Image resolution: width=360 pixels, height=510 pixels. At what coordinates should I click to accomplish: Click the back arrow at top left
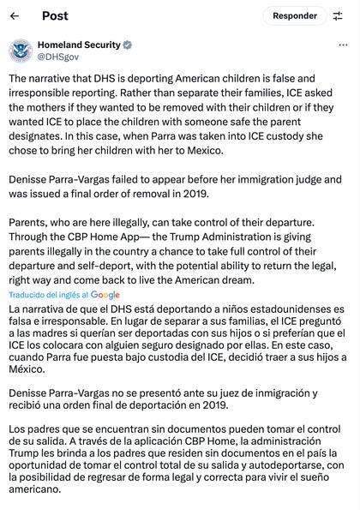pos(15,16)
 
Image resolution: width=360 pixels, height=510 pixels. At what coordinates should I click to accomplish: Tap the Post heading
pos(55,16)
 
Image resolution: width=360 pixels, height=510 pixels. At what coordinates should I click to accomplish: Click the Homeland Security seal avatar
pos(21,51)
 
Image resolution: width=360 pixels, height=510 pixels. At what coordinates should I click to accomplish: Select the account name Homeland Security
pos(78,45)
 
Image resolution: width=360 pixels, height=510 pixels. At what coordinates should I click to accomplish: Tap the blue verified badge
pos(128,45)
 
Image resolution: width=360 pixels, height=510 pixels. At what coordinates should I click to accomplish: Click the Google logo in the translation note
pos(105,295)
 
